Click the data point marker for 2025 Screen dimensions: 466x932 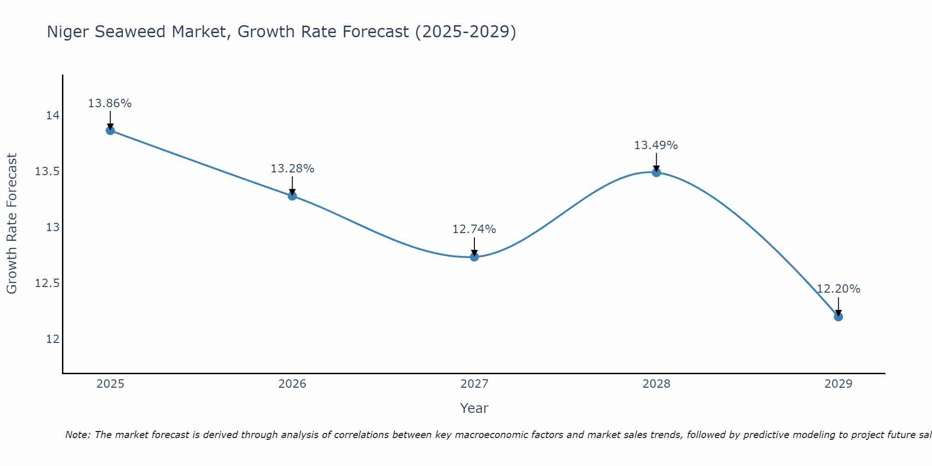pos(110,130)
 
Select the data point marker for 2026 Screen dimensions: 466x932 pos(292,196)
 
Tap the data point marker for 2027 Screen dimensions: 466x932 pos(474,257)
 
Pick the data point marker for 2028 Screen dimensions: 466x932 pos(656,172)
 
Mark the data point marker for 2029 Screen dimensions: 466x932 pos(838,317)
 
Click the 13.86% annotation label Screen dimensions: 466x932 pos(110,103)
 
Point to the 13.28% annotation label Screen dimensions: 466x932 pos(292,169)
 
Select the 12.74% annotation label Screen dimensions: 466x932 pos(474,229)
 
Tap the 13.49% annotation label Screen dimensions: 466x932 pos(656,145)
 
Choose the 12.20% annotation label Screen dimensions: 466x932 pos(838,289)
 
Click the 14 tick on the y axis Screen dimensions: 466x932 pos(53,116)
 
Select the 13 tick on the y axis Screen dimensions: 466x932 pos(53,227)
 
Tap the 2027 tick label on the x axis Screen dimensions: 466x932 pos(474,384)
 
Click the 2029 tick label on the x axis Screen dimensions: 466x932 pos(838,384)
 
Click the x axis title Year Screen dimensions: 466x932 pos(474,408)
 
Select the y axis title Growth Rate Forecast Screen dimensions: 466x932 pos(12,224)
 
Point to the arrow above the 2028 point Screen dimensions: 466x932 pos(656,162)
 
